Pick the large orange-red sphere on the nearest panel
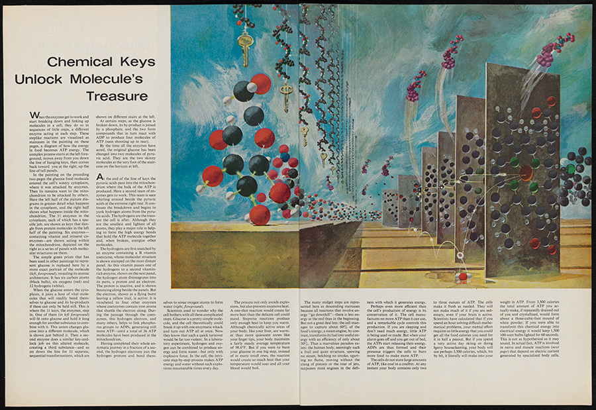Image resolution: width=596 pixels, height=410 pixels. pos(526,173)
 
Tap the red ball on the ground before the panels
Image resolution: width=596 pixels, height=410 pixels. pos(463,276)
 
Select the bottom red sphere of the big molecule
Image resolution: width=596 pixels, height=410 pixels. pos(260,215)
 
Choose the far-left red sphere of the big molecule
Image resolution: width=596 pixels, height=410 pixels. pos(213,176)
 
